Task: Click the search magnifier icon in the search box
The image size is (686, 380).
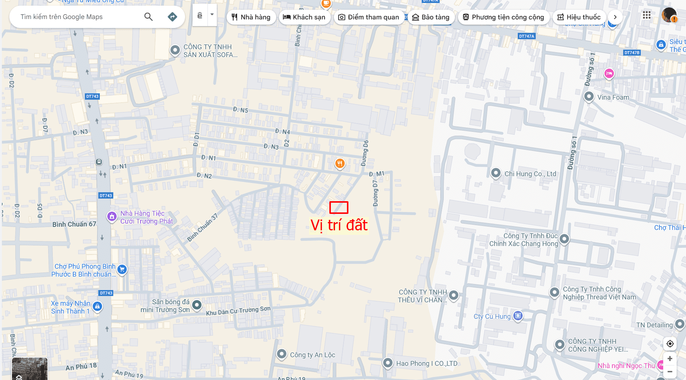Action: (148, 17)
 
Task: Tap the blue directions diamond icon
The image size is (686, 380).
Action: (172, 17)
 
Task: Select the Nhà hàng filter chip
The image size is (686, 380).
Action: (251, 17)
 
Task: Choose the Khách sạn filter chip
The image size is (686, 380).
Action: (304, 17)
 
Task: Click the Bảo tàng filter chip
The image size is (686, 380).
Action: (431, 17)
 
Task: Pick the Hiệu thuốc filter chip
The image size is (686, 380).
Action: (579, 17)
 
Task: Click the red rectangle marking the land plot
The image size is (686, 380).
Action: (339, 208)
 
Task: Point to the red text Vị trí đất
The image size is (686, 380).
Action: (339, 225)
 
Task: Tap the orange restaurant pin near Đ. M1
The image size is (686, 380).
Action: (339, 163)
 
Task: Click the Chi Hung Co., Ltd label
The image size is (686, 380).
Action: (530, 174)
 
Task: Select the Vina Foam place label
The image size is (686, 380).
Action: (613, 97)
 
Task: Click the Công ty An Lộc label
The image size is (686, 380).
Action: (313, 355)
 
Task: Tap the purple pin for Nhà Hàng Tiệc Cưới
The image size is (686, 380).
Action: (112, 217)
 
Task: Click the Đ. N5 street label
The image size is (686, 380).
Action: (240, 110)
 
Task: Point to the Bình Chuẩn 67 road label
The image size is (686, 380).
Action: (74, 224)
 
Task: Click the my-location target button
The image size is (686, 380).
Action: (670, 344)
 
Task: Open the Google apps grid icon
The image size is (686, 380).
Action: (647, 15)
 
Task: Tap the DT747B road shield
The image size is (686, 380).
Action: (632, 53)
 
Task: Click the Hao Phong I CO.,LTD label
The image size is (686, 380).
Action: (427, 364)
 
